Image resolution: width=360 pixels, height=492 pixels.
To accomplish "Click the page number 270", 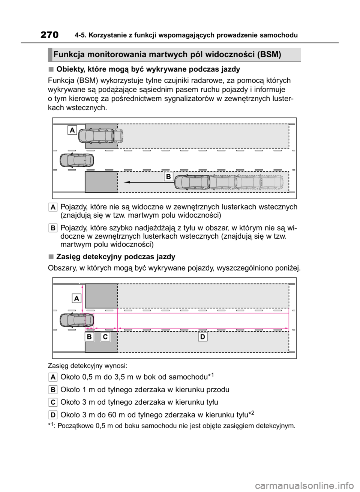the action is (x=49, y=35).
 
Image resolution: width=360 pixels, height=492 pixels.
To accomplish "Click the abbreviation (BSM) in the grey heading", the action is (x=269, y=54).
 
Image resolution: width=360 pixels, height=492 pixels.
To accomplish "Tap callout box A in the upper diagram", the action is (x=72, y=130).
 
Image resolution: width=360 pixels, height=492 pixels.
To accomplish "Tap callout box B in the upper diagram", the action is (x=168, y=176).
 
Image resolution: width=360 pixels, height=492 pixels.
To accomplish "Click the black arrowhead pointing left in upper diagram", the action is (x=127, y=182).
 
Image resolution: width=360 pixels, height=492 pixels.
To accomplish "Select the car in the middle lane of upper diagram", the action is (x=77, y=160).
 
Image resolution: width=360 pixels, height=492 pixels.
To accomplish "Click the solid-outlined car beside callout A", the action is (x=96, y=136).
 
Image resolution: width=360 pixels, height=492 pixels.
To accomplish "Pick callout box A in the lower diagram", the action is (x=76, y=299).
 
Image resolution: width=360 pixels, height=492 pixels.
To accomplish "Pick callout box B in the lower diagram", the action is (x=89, y=337).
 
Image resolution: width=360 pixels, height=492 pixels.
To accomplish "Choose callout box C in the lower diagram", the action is (x=105, y=337).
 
